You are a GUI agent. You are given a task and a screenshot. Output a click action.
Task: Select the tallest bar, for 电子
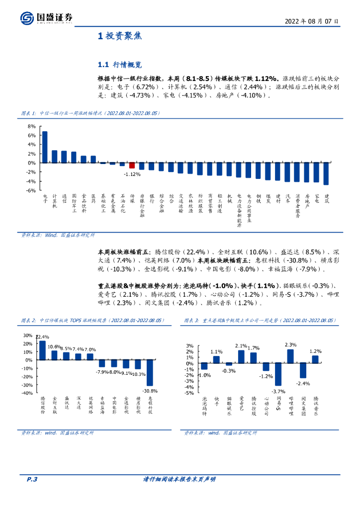coord(45,147)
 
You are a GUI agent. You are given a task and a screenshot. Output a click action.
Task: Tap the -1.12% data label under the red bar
coord(132,174)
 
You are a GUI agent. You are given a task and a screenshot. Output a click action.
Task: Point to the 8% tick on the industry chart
coord(31,126)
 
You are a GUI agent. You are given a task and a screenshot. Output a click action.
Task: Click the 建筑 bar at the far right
coord(326,173)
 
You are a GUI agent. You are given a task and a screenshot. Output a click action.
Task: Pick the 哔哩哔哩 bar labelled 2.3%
coord(290,356)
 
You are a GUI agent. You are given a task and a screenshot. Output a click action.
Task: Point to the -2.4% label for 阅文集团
coord(303,384)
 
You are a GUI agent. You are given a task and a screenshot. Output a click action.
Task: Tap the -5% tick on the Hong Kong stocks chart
coord(189,393)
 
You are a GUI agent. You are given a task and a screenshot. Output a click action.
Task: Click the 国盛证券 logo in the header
coord(47,18)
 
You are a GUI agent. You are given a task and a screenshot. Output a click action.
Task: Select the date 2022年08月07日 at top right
coord(312,21)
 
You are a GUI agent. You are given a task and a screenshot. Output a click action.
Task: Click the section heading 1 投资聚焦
coord(119,36)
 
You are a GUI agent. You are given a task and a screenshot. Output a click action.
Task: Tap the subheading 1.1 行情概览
coord(120,65)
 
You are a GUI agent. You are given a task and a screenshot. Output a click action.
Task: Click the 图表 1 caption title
coord(90,113)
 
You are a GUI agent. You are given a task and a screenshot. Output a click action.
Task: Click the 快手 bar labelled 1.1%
coord(216,359)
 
